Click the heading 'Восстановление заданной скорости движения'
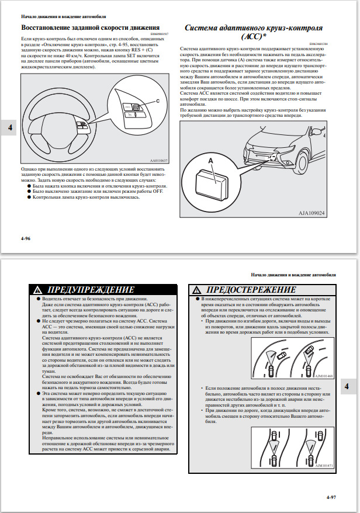tap(91, 27)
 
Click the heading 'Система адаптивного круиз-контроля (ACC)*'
tap(254, 32)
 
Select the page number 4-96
tap(25, 238)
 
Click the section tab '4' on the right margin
tap(347, 386)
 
